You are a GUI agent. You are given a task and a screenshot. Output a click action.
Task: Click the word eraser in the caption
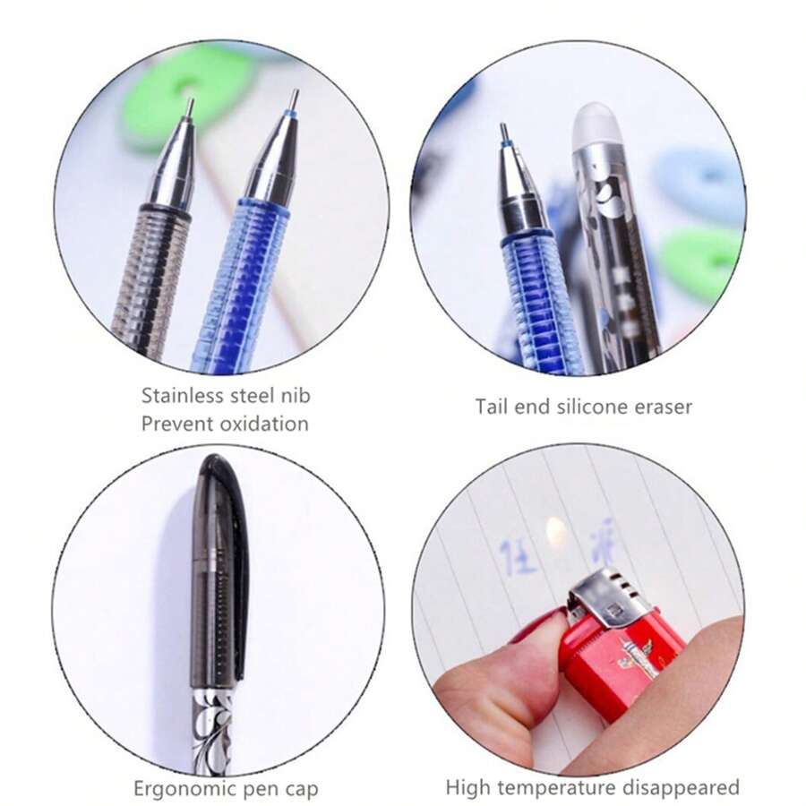(663, 407)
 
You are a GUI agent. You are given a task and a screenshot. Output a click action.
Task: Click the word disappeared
(688, 788)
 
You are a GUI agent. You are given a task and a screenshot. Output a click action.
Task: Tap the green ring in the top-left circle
(184, 94)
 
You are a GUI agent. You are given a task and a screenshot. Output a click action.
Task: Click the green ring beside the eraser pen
(703, 260)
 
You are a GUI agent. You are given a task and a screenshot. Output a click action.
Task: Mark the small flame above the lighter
(556, 536)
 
